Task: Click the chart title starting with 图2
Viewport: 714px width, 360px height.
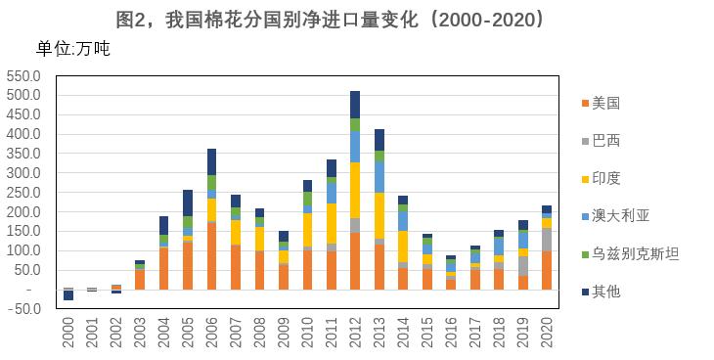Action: [357, 19]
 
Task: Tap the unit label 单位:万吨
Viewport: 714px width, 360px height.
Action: [72, 49]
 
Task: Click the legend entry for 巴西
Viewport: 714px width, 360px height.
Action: [605, 140]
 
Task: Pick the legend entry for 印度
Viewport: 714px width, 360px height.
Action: [605, 178]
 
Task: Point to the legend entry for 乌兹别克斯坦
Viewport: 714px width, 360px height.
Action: [634, 253]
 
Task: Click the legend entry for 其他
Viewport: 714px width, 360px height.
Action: [605, 291]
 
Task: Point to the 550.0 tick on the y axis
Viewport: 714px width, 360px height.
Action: [23, 76]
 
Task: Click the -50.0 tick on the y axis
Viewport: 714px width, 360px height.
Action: [25, 309]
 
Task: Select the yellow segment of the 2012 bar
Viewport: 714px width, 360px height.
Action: [355, 190]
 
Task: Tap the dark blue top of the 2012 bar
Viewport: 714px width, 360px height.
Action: [355, 105]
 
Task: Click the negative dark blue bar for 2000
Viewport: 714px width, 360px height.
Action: [68, 294]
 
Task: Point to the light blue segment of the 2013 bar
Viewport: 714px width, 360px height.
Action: [379, 177]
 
